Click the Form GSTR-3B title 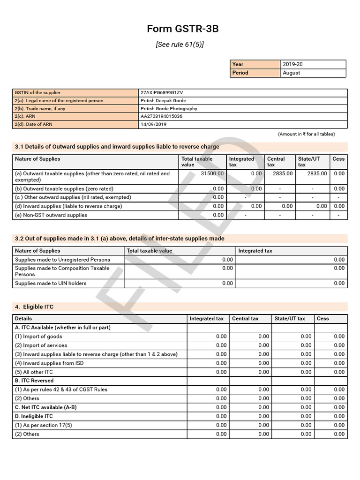[x=182, y=29]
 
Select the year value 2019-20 [x=293, y=64]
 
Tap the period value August [x=292, y=73]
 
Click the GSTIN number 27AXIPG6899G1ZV [x=161, y=93]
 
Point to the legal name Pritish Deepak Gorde [x=163, y=101]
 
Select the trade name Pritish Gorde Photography [x=169, y=109]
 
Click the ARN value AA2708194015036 [x=162, y=116]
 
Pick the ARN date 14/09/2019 [x=153, y=125]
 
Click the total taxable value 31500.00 [x=212, y=173]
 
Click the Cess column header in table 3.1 [x=338, y=159]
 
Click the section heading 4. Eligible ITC [x=34, y=307]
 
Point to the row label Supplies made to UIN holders [x=51, y=284]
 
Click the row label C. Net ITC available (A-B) [x=45, y=407]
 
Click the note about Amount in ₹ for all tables [x=307, y=134]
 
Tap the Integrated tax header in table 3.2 [x=255, y=251]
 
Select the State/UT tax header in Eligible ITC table [x=290, y=319]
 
